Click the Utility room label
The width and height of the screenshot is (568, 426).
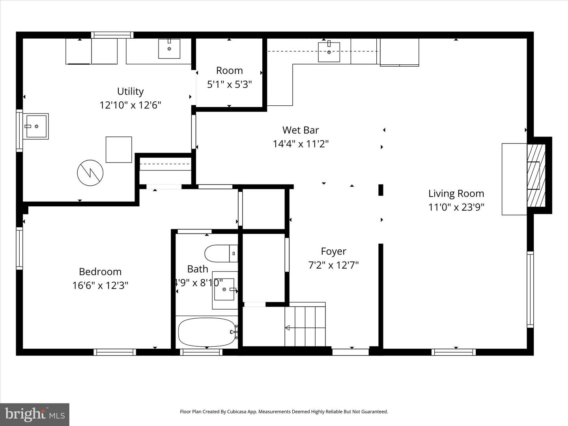click(x=130, y=91)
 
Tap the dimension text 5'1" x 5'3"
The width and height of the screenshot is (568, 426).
click(x=229, y=84)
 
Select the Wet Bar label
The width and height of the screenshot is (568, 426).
click(x=301, y=130)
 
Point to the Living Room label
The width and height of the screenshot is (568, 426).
click(x=456, y=193)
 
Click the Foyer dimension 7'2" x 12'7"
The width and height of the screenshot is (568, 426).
click(x=333, y=265)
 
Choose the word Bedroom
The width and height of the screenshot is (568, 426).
click(x=100, y=272)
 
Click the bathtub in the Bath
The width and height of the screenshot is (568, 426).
click(x=207, y=332)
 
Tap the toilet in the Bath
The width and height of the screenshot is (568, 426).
click(x=221, y=254)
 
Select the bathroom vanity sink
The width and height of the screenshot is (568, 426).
click(x=224, y=290)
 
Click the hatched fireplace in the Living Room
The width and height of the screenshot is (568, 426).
click(x=536, y=176)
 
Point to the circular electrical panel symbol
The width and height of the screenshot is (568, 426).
click(x=90, y=173)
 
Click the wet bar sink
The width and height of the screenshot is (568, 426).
click(x=329, y=52)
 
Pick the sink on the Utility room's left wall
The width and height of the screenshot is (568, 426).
click(x=36, y=126)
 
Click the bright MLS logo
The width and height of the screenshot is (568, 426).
click(x=34, y=414)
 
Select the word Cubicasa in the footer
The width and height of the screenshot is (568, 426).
click(x=237, y=411)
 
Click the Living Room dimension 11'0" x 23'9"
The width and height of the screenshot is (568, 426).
click(x=456, y=207)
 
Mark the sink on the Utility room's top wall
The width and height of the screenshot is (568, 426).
click(x=169, y=49)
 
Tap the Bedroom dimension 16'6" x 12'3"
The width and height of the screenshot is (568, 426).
click(x=100, y=286)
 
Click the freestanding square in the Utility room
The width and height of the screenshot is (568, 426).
click(x=119, y=149)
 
